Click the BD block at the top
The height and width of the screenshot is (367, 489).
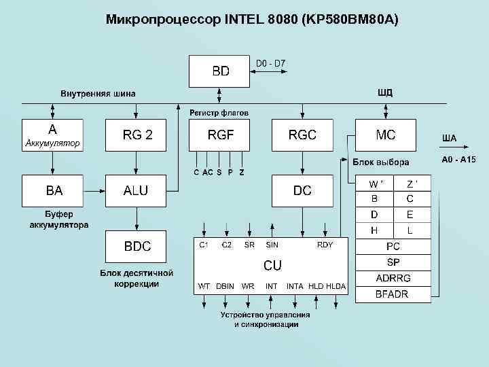220,71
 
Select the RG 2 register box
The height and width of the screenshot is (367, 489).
137,135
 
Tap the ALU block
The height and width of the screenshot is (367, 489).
136,191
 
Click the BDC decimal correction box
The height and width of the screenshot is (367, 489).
137,247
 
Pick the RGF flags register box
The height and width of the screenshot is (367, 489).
220,135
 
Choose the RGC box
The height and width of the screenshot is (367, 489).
302,135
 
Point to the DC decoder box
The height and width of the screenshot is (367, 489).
302,191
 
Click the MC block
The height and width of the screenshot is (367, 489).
385,135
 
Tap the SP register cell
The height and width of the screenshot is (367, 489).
393,262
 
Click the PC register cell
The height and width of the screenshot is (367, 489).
393,247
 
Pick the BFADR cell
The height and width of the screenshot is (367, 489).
393,294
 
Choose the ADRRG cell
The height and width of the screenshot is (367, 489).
393,278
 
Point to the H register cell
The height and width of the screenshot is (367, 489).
374,230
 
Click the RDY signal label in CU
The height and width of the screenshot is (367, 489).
325,245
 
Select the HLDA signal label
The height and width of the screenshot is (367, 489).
336,286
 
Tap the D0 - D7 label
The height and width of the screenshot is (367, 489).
271,64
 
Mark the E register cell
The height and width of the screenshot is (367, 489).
410,214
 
